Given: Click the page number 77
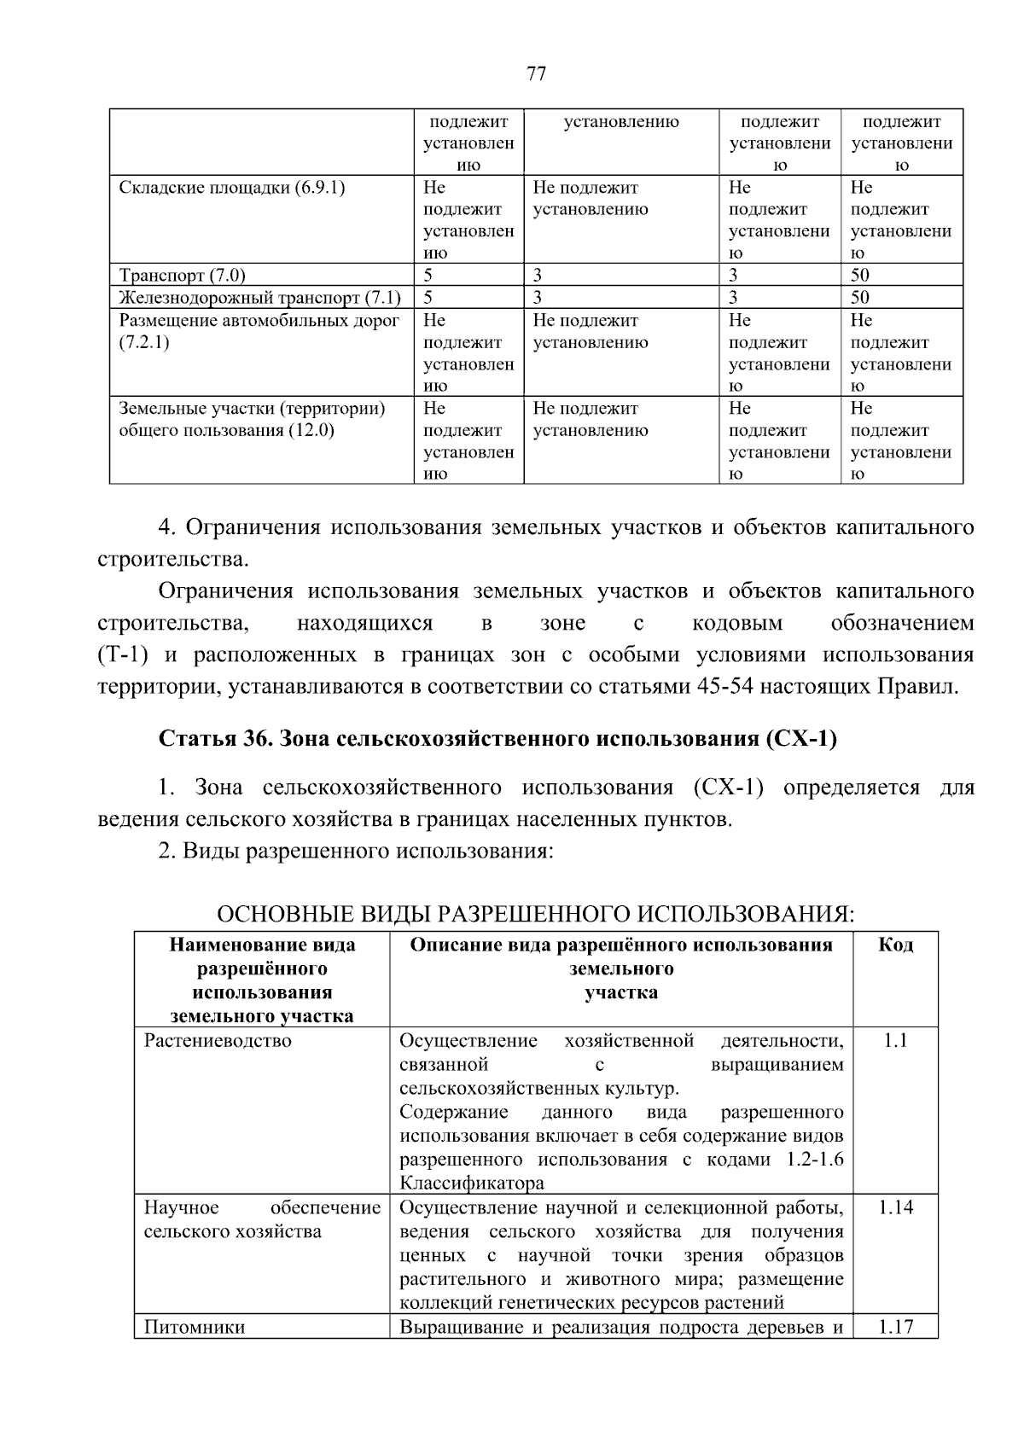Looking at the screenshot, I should pyautogui.click(x=536, y=73).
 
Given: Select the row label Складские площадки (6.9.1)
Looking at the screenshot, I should pyautogui.click(x=231, y=188).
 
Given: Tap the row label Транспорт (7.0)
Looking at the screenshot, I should pyautogui.click(x=182, y=276).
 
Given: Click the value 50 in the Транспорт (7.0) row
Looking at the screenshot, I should pyautogui.click(x=860, y=276).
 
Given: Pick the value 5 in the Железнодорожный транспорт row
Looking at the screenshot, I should pyautogui.click(x=428, y=298).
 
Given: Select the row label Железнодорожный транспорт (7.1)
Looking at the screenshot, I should pyautogui.click(x=259, y=298).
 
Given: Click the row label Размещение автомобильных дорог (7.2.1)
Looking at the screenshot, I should pyautogui.click(x=259, y=331).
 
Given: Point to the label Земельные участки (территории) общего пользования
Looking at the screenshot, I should pyautogui.click(x=252, y=419).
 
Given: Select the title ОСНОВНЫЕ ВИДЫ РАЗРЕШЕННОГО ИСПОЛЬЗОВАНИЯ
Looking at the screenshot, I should pyautogui.click(x=535, y=915).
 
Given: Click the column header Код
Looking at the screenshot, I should pyautogui.click(x=895, y=945).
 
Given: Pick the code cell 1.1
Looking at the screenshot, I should pyautogui.click(x=895, y=1041).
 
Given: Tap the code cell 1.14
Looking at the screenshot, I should pyautogui.click(x=895, y=1207).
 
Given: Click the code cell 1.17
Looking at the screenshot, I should pyautogui.click(x=895, y=1327).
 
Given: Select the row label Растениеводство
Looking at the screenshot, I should pyautogui.click(x=218, y=1041).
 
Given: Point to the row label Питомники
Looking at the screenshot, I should pyautogui.click(x=195, y=1327).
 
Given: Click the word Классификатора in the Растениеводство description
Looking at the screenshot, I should pyautogui.click(x=471, y=1183).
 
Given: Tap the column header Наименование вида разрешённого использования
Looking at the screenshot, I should pyautogui.click(x=262, y=980).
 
